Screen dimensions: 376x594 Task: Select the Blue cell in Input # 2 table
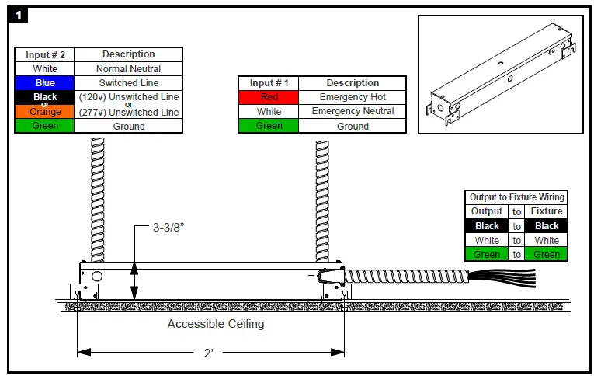[45, 82]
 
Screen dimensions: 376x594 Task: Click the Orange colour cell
[45, 112]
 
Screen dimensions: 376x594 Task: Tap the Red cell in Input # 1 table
[269, 97]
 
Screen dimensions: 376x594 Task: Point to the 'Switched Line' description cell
[128, 82]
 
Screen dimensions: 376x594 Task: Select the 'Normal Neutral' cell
[128, 68]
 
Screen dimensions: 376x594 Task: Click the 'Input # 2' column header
[45, 54]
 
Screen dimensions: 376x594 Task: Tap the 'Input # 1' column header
[269, 83]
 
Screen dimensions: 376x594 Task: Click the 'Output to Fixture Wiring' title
[517, 197]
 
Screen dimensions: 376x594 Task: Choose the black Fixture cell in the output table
[547, 226]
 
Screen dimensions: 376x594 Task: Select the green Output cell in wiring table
[487, 254]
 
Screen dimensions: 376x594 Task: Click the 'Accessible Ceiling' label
[215, 324]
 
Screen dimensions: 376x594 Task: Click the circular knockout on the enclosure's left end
[97, 276]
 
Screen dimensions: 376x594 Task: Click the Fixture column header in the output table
[547, 211]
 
